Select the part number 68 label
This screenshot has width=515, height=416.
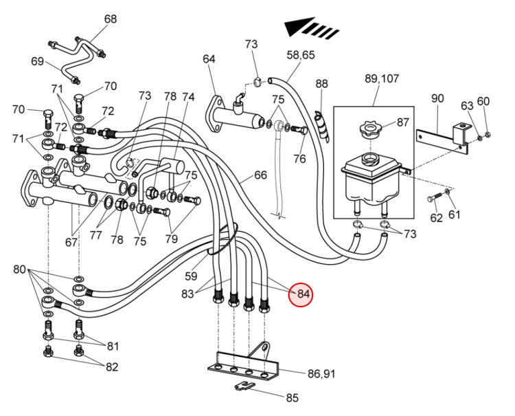click(x=111, y=19)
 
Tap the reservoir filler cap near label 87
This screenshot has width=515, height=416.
click(x=367, y=129)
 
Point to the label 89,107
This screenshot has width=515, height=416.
click(x=382, y=79)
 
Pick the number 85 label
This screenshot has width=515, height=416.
click(x=292, y=397)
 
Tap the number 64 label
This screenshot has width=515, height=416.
click(x=209, y=59)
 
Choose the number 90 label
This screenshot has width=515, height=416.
click(x=438, y=98)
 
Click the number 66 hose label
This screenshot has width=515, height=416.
click(x=260, y=175)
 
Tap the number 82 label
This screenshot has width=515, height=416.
click(x=112, y=366)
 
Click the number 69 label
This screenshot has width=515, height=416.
click(x=37, y=61)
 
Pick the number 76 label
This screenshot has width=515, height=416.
click(x=299, y=160)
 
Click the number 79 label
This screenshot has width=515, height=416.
click(x=171, y=239)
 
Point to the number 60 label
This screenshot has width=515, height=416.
click(x=483, y=101)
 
